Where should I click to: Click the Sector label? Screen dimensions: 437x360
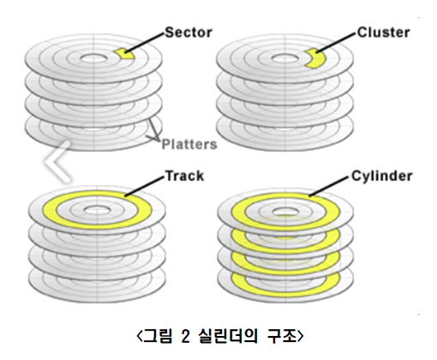(189, 33)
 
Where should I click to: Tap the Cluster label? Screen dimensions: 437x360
(383, 33)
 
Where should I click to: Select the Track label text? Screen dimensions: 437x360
(184, 176)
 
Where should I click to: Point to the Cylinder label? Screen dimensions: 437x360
(381, 177)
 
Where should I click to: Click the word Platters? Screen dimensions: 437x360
(189, 144)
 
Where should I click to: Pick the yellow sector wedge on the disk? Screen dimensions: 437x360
(123, 54)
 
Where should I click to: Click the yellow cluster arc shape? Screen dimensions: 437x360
(315, 58)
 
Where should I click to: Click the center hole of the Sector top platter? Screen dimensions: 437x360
(94, 58)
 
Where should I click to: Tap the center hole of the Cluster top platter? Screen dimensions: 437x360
(284, 58)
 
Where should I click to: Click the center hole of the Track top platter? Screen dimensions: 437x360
(97, 211)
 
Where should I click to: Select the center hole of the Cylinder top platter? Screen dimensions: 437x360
(285, 212)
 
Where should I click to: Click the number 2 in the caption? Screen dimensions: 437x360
(185, 336)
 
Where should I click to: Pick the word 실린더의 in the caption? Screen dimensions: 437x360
(228, 336)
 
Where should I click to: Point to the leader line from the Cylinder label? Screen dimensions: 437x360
(329, 187)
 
